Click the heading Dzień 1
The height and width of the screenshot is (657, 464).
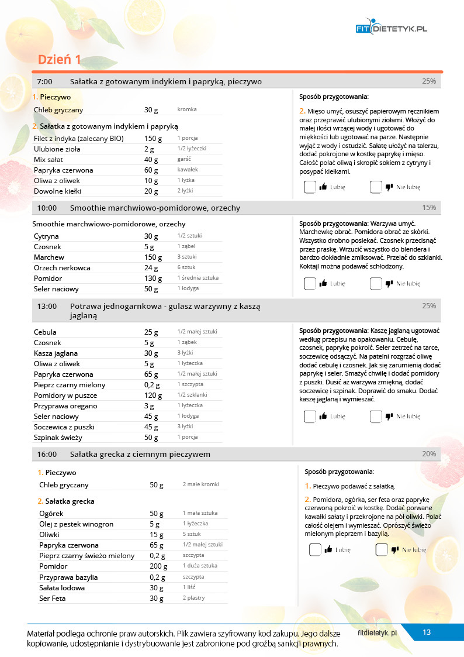point(59,60)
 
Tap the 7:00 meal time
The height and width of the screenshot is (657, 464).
point(45,81)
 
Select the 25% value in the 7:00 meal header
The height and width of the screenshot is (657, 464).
point(429,81)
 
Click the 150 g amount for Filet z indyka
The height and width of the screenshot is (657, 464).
point(153,138)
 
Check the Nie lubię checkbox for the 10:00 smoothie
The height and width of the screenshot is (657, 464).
point(376,284)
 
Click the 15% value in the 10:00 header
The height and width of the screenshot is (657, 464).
point(429,208)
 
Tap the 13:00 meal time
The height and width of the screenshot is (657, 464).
point(47,306)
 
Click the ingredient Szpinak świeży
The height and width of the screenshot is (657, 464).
point(58,438)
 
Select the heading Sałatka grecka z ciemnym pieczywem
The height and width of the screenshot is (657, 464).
point(140,454)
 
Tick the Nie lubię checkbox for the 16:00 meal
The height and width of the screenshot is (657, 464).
point(382,550)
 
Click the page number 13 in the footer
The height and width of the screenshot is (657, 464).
point(427,632)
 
